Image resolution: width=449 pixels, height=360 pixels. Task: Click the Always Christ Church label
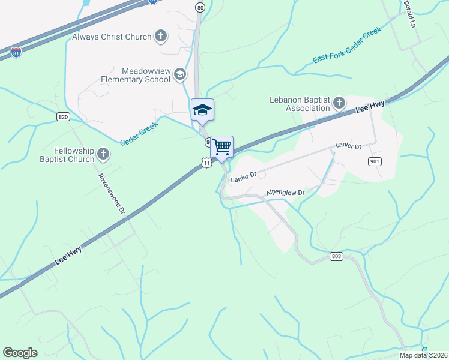tap(112, 37)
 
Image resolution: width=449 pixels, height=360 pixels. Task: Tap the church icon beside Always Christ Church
tap(160, 36)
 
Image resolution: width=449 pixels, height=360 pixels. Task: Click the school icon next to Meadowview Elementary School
tap(179, 75)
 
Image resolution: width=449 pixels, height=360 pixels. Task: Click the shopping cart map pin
tap(221, 146)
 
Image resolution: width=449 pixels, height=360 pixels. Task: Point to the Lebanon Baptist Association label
tap(300, 104)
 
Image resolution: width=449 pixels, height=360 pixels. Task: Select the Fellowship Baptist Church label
tap(67, 155)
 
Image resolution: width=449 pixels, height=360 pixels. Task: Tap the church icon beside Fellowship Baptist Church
tap(103, 155)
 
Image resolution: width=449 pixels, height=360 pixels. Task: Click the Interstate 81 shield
tap(16, 53)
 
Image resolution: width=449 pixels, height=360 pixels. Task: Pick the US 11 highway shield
tap(206, 163)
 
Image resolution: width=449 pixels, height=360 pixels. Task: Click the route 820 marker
tap(64, 116)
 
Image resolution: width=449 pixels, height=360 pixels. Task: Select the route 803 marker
tap(336, 256)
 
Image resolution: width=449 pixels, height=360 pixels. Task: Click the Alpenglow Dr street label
tap(286, 193)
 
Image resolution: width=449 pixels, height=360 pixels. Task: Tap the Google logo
tap(20, 353)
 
